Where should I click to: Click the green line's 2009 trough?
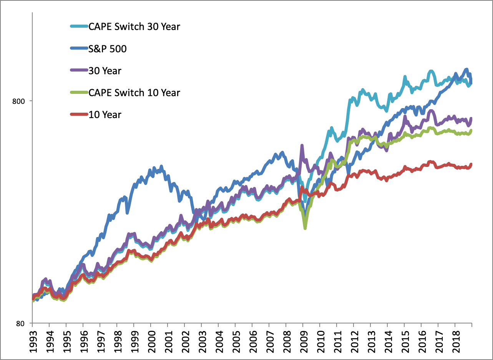coord(305,228)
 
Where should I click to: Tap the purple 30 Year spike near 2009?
coord(302,146)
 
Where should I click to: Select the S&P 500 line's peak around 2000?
coord(161,167)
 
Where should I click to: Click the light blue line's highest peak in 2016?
coord(431,71)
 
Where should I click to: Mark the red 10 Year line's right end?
coord(471,164)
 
